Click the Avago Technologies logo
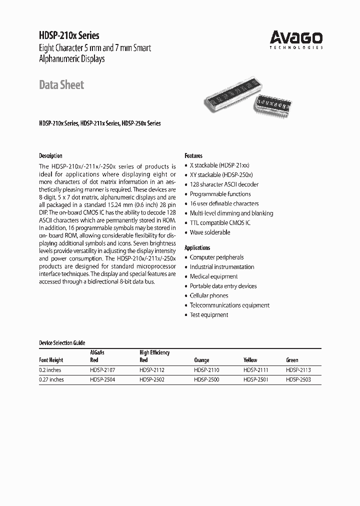[296, 38]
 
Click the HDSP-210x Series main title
[69, 35]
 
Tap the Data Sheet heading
[61, 84]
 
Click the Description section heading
[50, 155]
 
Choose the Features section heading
[193, 155]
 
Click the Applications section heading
[197, 247]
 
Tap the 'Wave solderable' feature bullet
[210, 232]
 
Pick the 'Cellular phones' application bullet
[209, 295]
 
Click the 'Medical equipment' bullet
[213, 276]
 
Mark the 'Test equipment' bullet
[209, 314]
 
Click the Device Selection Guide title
[62, 343]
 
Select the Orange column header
[201, 360]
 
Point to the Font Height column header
[51, 360]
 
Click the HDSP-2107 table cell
[102, 370]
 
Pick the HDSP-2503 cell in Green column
[298, 379]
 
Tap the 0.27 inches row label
[51, 379]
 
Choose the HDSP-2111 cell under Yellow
[256, 370]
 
